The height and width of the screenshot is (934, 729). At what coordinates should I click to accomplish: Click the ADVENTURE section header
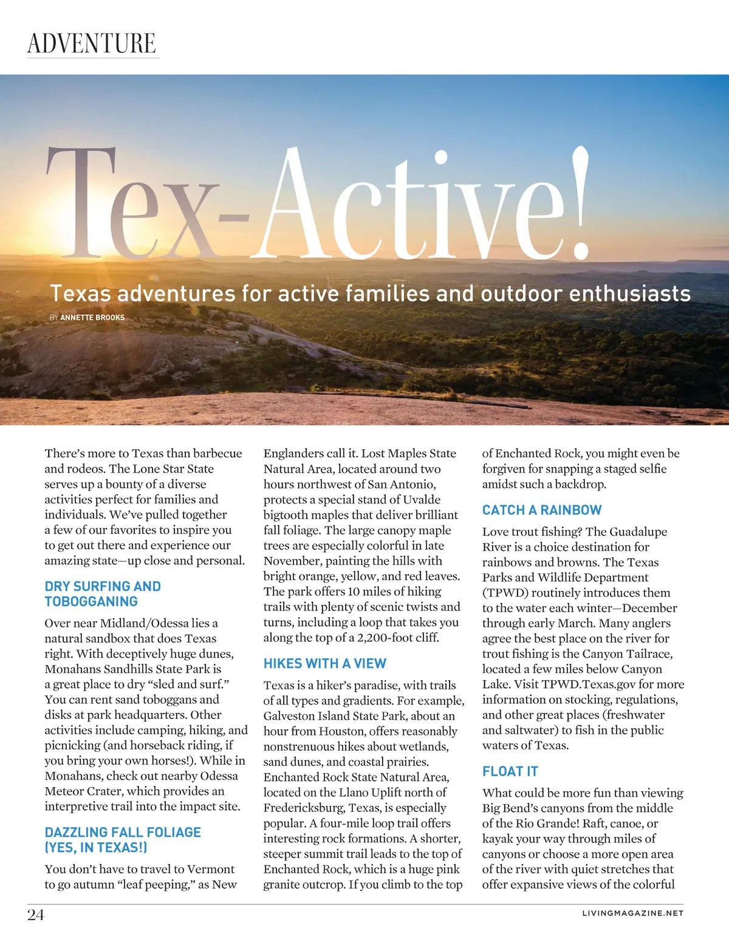click(x=92, y=43)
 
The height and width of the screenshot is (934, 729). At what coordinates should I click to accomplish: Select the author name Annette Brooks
click(x=92, y=318)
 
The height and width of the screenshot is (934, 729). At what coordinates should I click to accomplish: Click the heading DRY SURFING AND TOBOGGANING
click(x=103, y=594)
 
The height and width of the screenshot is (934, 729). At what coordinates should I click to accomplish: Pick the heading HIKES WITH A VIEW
click(x=325, y=663)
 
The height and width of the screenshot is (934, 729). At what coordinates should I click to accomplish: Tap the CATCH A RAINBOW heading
click(x=542, y=510)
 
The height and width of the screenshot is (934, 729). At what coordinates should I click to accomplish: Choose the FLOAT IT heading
click(x=510, y=771)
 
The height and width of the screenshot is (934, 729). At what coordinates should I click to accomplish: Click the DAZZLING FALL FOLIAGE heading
click(x=123, y=840)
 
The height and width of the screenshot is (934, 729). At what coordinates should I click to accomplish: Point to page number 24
click(x=36, y=915)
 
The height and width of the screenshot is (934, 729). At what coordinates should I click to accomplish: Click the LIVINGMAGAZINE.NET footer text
click(x=632, y=913)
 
